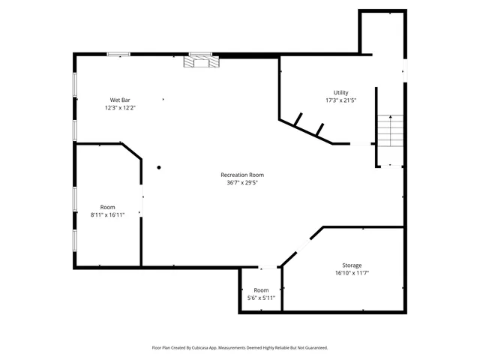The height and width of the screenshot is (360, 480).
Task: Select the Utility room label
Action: (x=340, y=92)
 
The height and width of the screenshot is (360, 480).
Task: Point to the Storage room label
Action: (x=352, y=265)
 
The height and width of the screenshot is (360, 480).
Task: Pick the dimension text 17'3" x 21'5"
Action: (x=340, y=100)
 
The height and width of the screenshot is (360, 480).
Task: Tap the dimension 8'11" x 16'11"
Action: (x=107, y=214)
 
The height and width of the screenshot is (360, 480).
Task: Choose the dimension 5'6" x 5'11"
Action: (x=261, y=298)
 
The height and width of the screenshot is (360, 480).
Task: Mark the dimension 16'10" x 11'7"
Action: (x=352, y=273)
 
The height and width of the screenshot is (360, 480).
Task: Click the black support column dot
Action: (x=159, y=167)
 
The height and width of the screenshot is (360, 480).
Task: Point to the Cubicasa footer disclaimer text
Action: (x=240, y=348)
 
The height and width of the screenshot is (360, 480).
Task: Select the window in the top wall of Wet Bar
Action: (x=118, y=54)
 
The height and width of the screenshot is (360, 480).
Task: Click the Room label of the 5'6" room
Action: (x=261, y=290)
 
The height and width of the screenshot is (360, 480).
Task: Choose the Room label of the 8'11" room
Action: (x=107, y=207)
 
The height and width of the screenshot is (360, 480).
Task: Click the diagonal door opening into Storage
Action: (x=303, y=244)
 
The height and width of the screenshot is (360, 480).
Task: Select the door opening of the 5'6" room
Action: (x=268, y=267)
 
